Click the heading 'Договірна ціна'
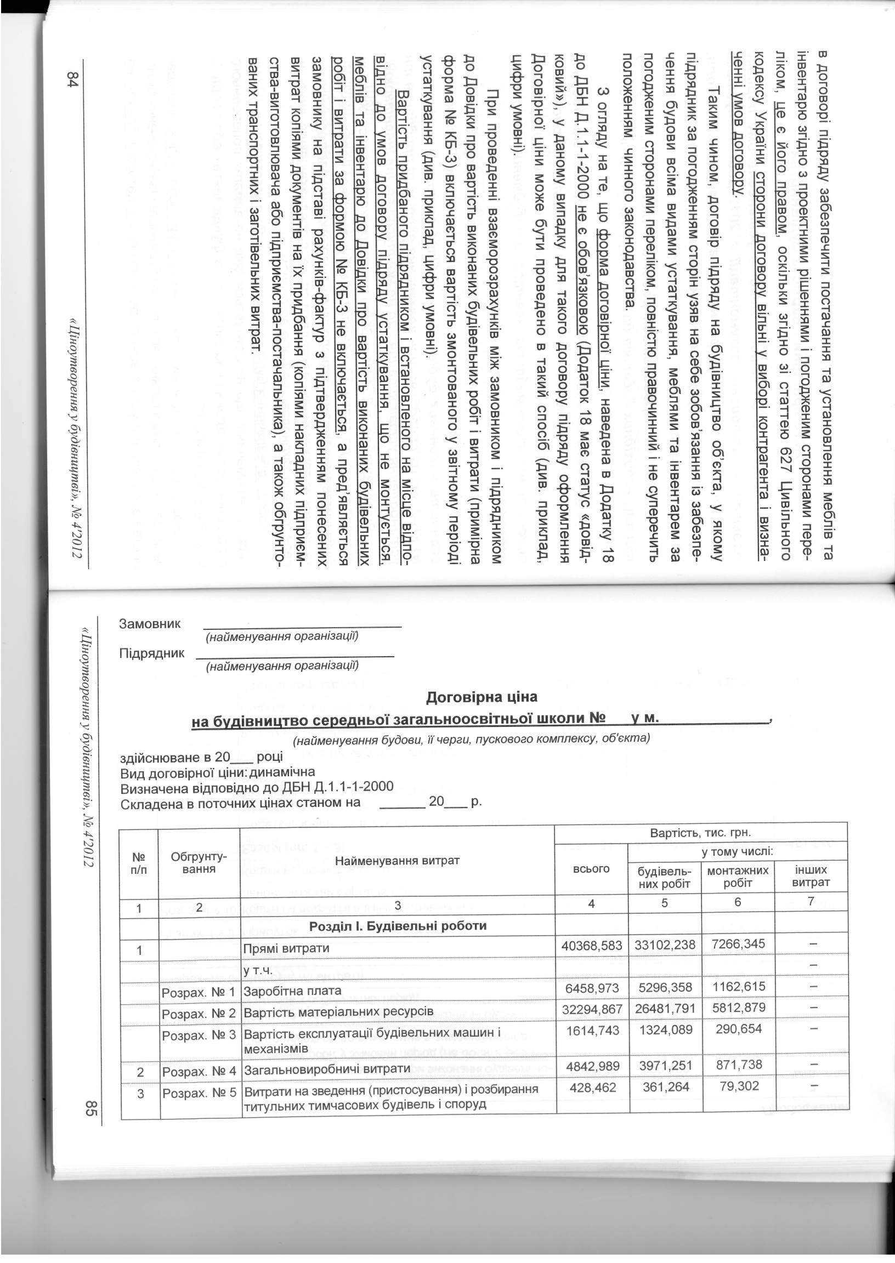tap(482, 697)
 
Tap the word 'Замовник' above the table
tap(150, 624)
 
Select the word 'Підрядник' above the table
tap(152, 653)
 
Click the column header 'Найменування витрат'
tap(397, 860)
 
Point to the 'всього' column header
tap(591, 869)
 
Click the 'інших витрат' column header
tap(811, 877)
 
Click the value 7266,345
tap(738, 944)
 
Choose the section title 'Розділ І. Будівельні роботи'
tap(398, 925)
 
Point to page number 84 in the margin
tap(75, 79)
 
